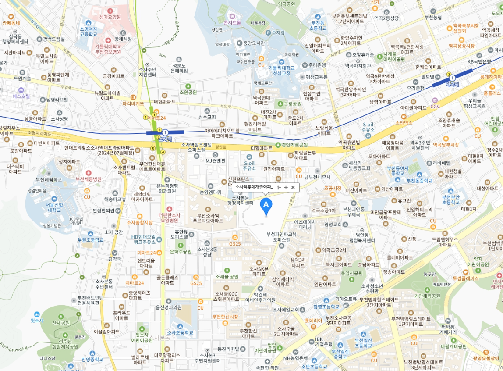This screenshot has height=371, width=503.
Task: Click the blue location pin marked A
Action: (266, 205)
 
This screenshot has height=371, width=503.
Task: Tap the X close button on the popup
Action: (293, 187)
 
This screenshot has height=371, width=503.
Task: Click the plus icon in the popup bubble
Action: (286, 187)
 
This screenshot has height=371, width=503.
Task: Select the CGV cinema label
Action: (435, 106)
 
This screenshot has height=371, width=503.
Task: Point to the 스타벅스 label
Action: (404, 123)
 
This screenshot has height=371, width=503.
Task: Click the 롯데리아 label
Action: (313, 320)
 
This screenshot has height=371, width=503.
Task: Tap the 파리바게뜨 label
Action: (133, 103)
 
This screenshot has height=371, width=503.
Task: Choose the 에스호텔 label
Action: (21, 96)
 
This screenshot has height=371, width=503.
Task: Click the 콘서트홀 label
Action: (232, 21)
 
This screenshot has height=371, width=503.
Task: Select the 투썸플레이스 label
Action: (466, 278)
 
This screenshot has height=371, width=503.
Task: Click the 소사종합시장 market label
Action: (140, 222)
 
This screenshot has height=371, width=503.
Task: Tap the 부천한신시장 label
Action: (225, 317)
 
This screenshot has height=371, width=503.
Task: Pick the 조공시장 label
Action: (333, 188)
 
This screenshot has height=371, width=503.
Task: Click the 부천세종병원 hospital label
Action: (89, 179)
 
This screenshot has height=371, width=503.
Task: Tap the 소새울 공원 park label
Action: (227, 277)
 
